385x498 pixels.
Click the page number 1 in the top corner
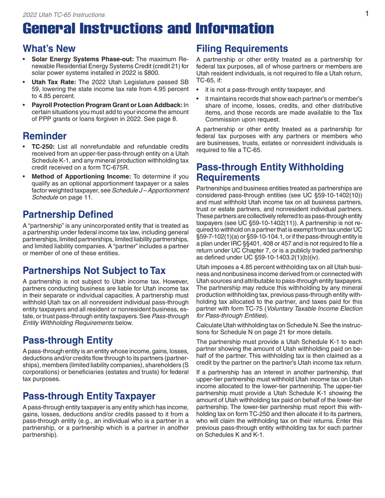[366, 14]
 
